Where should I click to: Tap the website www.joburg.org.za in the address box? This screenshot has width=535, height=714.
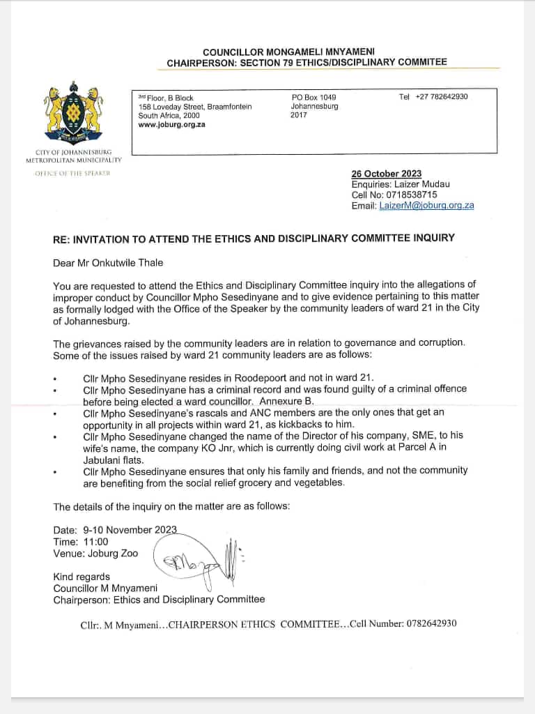pos(171,125)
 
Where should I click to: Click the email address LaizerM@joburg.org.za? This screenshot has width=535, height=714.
pos(426,206)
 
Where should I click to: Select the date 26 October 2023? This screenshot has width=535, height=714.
pos(386,174)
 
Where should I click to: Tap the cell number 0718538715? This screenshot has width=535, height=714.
pos(412,195)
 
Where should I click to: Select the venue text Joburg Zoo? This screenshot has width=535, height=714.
pos(113,553)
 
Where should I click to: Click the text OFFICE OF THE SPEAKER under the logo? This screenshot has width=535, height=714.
pos(73,173)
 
